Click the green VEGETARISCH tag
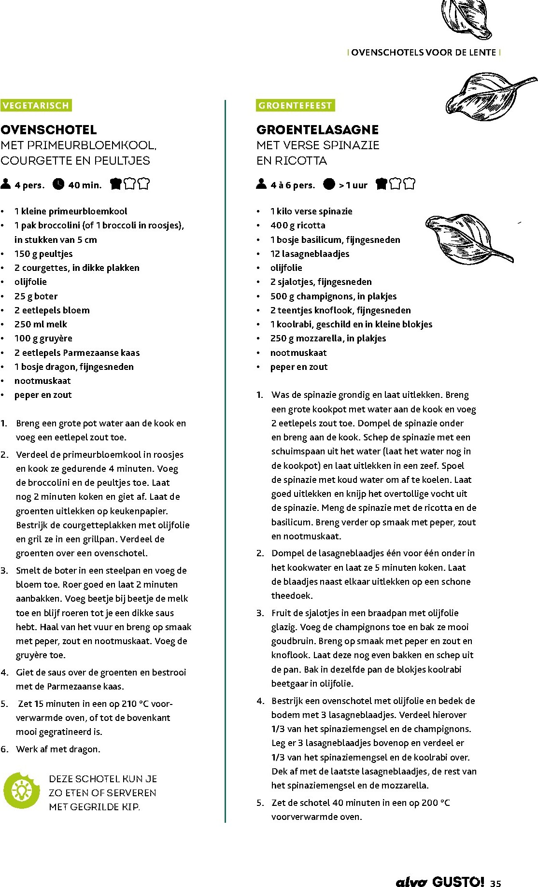tap(36, 105)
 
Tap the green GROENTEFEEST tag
tap(295, 105)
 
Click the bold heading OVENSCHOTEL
tap(49, 129)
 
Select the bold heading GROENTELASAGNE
tap(317, 129)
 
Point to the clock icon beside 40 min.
tap(58, 184)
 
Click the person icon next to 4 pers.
tap(6, 184)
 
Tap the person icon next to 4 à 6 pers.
tap(261, 184)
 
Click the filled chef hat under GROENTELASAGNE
tap(382, 183)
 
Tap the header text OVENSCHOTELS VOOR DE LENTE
tap(424, 53)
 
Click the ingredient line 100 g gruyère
tap(43, 338)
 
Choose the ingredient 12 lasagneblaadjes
tap(310, 254)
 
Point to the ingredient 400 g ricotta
tap(297, 225)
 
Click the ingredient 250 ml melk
tap(41, 324)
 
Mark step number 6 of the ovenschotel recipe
tap(5, 749)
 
